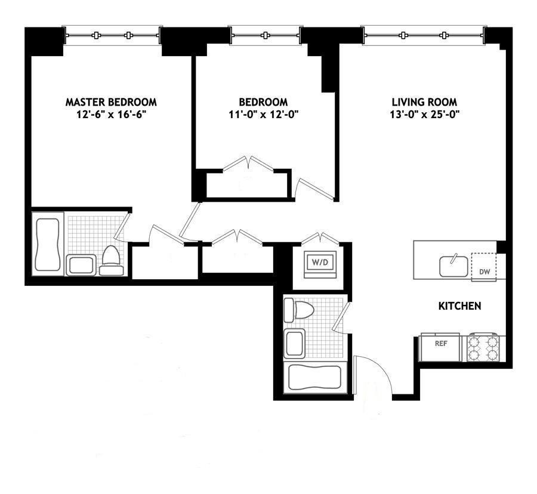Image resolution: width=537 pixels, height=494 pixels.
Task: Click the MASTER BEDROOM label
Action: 111,102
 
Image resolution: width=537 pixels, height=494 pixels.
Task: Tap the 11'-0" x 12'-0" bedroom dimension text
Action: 264,115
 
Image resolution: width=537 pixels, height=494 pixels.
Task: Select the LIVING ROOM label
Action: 424,102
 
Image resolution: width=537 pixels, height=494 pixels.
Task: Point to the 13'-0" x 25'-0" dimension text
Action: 424,115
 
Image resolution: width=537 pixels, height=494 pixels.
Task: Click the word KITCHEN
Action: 459,305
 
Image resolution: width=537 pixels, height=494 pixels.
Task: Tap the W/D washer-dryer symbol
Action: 320,265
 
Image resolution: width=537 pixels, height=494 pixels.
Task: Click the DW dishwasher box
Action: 484,267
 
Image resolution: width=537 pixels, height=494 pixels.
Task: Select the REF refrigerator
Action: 440,347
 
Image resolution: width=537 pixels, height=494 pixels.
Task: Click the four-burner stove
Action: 483,347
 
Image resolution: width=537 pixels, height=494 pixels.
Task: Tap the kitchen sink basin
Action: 454,266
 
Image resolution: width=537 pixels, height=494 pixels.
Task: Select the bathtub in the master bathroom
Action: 48,244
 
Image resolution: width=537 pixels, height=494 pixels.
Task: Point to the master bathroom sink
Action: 81,265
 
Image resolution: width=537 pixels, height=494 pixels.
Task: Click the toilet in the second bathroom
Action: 299,310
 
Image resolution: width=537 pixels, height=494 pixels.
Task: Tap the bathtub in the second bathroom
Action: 314,378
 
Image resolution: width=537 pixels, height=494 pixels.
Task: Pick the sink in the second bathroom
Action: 295,344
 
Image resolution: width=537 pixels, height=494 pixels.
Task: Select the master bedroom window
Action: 112,35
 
